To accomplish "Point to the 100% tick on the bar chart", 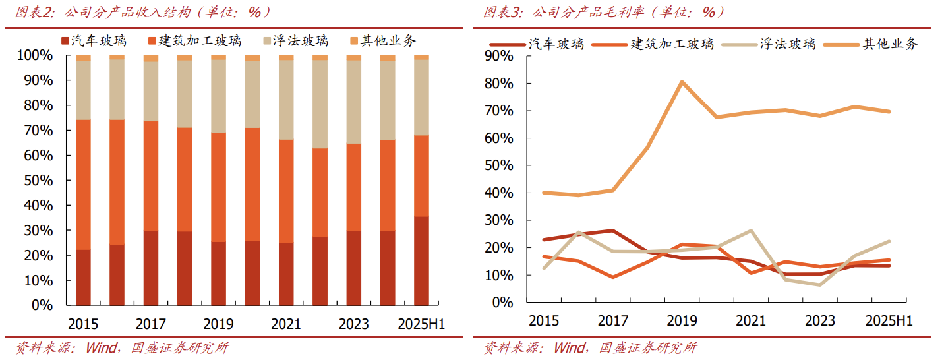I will (33, 55).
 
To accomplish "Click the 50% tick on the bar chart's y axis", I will (36, 180).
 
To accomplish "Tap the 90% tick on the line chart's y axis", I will (498, 56).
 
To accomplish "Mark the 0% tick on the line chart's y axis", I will (502, 302).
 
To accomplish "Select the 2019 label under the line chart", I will (682, 321).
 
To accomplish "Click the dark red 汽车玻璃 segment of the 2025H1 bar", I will (421, 260).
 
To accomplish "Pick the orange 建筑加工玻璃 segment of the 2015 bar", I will (83, 185).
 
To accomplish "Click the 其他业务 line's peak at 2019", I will (682, 82).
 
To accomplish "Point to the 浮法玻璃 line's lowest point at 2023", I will (819, 285).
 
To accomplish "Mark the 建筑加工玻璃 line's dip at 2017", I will (613, 277).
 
